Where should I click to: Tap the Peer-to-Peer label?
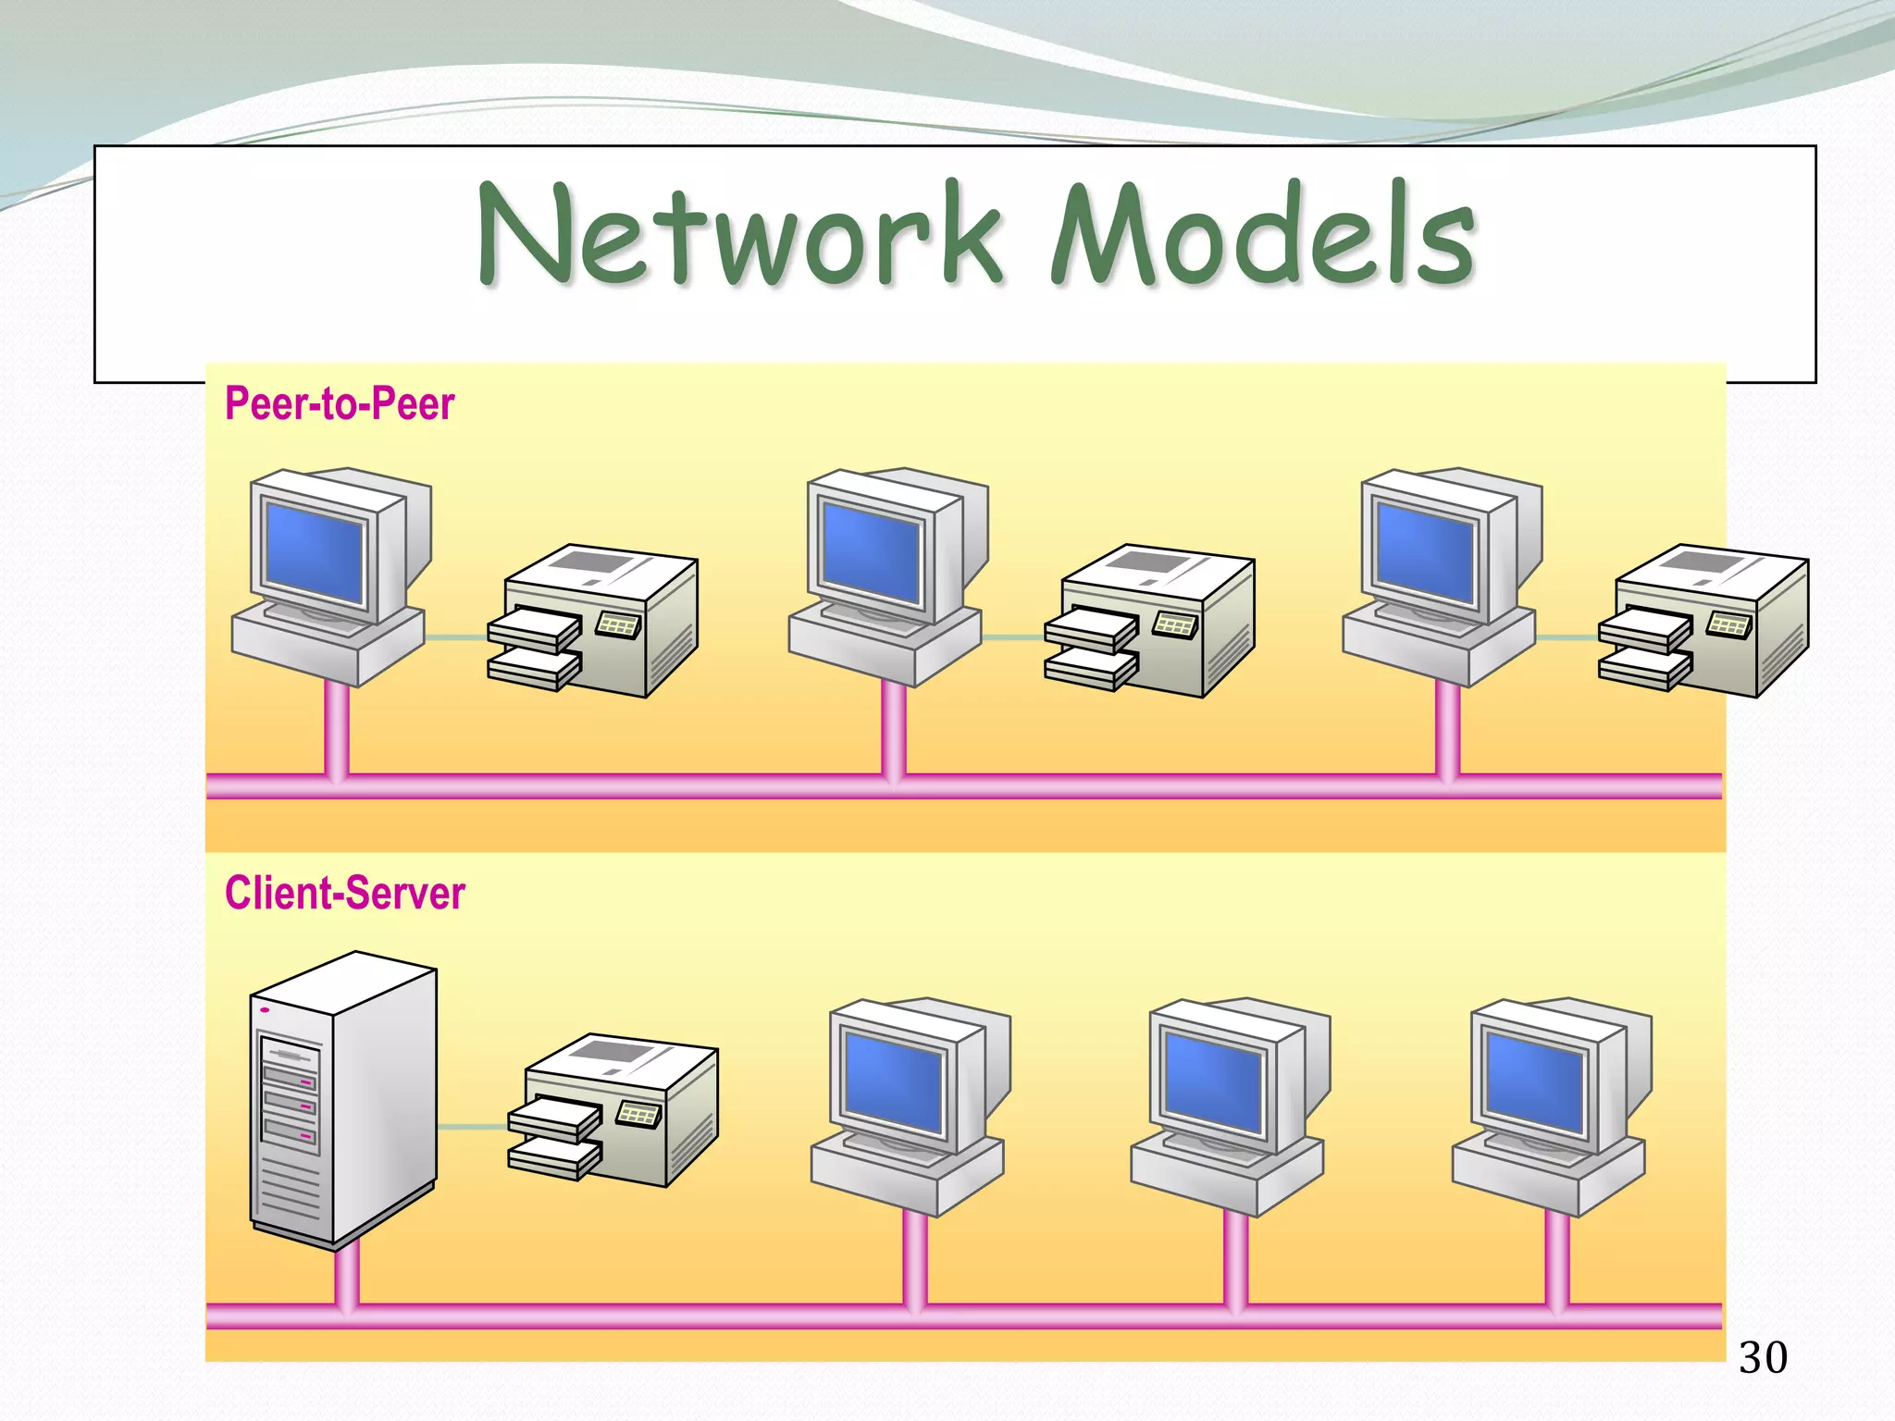click(340, 404)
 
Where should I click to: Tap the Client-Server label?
click(344, 894)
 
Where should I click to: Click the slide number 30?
click(1763, 1358)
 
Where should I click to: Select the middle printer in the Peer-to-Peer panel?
click(1150, 620)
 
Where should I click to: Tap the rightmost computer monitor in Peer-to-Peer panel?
click(1425, 551)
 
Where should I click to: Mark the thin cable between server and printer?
click(472, 1127)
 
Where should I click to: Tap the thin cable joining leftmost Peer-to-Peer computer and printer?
click(456, 637)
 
